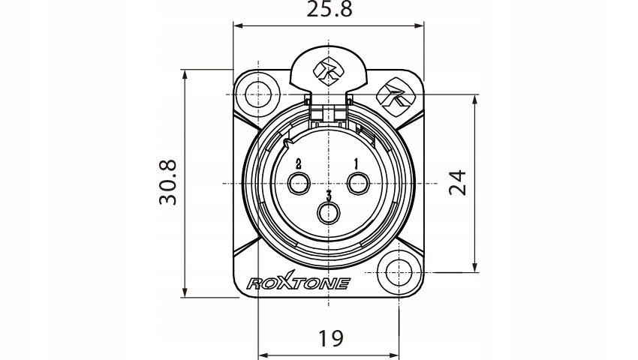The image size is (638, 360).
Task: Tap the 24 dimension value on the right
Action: pyautogui.click(x=457, y=182)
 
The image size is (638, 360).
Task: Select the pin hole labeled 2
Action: pyautogui.click(x=299, y=183)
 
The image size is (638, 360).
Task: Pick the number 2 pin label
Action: pyautogui.click(x=298, y=163)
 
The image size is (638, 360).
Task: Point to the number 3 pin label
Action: pyautogui.click(x=329, y=195)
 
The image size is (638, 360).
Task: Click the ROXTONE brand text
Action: pyautogui.click(x=298, y=283)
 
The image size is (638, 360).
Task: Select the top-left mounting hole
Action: pyautogui.click(x=257, y=95)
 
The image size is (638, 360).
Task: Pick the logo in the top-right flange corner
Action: pyautogui.click(x=393, y=96)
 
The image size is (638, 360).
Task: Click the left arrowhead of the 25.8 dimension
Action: pyautogui.click(x=237, y=25)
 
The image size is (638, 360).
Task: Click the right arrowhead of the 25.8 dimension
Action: pyautogui.click(x=420, y=25)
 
